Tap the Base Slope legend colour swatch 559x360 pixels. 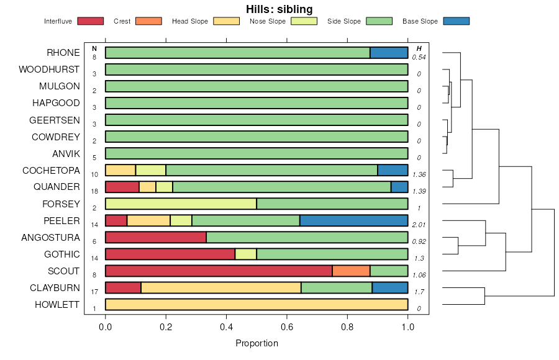pyautogui.click(x=455, y=21)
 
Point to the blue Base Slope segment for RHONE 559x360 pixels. pyautogui.click(x=389, y=53)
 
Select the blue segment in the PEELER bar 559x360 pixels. pyautogui.click(x=353, y=220)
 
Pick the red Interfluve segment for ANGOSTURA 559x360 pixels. pyautogui.click(x=156, y=237)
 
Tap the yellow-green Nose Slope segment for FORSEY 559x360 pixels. pyautogui.click(x=181, y=204)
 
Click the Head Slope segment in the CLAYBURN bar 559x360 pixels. pyautogui.click(x=221, y=287)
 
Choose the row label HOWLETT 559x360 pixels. pyautogui.click(x=57, y=305)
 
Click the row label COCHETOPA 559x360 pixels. pyautogui.click(x=51, y=170)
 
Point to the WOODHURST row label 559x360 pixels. pyautogui.click(x=49, y=70)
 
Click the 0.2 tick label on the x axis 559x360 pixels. pyautogui.click(x=166, y=327)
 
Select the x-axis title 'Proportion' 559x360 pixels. pyautogui.click(x=257, y=343)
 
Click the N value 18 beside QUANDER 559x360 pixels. pyautogui.click(x=94, y=191)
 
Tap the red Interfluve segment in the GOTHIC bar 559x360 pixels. pyautogui.click(x=170, y=254)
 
